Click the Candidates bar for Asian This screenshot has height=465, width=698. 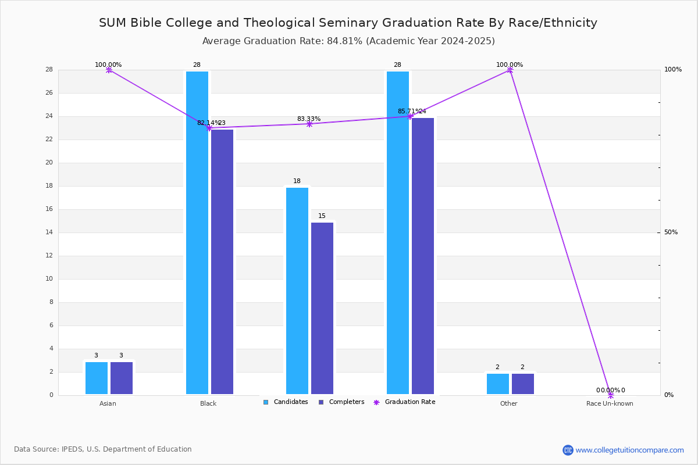click(97, 378)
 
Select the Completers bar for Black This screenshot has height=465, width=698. click(222, 262)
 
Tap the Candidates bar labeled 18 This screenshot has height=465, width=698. click(297, 291)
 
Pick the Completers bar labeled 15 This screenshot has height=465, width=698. click(322, 308)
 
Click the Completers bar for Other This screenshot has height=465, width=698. click(523, 384)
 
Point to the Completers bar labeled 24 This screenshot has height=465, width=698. click(423, 256)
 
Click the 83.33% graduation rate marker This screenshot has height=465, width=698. click(309, 124)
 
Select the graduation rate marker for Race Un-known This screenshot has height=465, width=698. click(610, 395)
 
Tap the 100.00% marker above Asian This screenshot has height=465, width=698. click(109, 70)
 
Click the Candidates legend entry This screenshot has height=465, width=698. click(286, 402)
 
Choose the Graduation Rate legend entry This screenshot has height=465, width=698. click(404, 402)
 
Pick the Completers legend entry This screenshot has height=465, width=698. click(341, 402)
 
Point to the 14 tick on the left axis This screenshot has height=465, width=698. click(49, 233)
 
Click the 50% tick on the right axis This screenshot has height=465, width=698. click(671, 233)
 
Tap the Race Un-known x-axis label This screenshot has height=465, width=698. click(610, 403)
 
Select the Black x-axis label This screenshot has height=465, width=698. click(208, 403)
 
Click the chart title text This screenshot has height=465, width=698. click(348, 23)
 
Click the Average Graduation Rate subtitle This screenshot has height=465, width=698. click(348, 41)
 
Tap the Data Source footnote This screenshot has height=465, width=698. click(103, 449)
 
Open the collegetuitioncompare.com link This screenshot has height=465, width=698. click(623, 450)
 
